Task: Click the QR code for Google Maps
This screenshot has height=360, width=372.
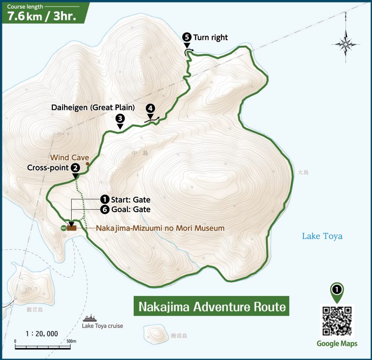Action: point(337,321)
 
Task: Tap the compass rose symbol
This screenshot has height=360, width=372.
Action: point(345,44)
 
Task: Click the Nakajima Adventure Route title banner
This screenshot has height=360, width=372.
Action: point(211,307)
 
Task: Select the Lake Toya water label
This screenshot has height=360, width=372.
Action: point(322,236)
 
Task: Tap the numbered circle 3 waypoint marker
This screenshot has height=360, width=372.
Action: point(120,118)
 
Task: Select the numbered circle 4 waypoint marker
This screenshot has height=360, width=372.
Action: point(151,108)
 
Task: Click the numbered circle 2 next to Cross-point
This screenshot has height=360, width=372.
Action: point(76,167)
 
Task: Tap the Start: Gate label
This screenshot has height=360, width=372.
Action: point(130,200)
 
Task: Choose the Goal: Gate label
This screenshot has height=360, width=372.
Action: point(130,210)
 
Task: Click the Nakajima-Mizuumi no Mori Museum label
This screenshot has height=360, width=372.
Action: point(160,228)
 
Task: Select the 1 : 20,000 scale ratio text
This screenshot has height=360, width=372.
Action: point(42,333)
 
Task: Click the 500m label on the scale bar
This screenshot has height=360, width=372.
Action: point(71,341)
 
